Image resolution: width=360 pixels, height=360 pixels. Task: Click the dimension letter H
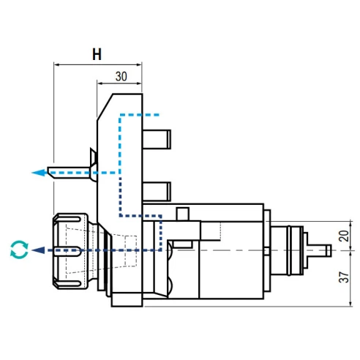pyautogui.click(x=97, y=55)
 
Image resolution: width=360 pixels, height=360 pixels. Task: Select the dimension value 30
pyautogui.click(x=121, y=76)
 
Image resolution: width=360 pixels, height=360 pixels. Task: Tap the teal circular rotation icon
pyautogui.click(x=17, y=250)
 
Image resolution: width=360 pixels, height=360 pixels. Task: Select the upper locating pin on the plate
pyautogui.click(x=159, y=138)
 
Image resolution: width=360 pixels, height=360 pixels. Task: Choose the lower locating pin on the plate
pyautogui.click(x=159, y=191)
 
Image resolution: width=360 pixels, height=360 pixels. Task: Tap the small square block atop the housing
pyautogui.click(x=183, y=214)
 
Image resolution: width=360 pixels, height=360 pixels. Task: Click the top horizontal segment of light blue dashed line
pyautogui.click(x=139, y=116)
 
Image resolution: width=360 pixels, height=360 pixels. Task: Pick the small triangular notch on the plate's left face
pyautogui.click(x=93, y=157)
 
